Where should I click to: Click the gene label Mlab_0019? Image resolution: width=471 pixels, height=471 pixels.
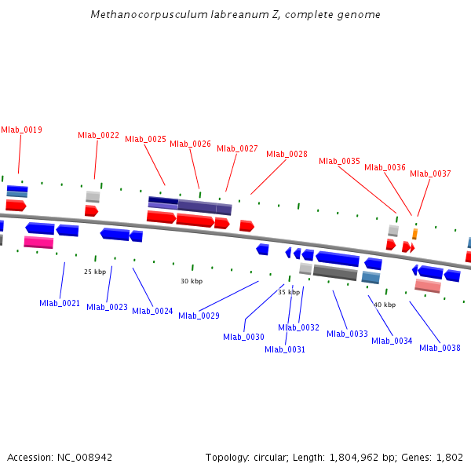coord(21,130)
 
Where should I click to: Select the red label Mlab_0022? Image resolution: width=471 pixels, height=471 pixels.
coord(98,135)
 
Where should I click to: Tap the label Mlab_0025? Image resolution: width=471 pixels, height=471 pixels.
coord(145,139)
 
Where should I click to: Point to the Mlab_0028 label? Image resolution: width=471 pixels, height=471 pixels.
coord(287,154)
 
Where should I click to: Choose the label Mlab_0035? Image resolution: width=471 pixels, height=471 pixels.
coord(339,161)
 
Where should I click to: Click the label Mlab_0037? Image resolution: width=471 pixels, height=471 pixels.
coord(430,173)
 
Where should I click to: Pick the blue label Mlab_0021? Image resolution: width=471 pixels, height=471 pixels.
coord(60,303)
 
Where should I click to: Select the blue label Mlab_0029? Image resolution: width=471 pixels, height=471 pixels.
coord(199,316)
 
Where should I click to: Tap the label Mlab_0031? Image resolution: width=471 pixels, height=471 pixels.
coord(284,349)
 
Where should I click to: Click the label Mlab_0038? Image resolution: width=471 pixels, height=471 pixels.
coord(440,348)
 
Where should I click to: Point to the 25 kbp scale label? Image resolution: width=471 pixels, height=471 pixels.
coord(94,272)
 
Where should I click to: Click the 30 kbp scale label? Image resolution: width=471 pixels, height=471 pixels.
coord(192,281)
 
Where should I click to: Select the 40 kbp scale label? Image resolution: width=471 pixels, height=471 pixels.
coord(385,305)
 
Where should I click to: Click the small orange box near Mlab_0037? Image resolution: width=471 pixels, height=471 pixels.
coord(414,234)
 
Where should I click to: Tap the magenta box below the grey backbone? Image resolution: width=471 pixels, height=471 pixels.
coord(38,242)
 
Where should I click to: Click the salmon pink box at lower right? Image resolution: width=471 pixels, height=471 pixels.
coord(427,286)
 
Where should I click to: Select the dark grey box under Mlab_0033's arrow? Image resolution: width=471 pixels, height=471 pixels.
coord(335,273)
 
